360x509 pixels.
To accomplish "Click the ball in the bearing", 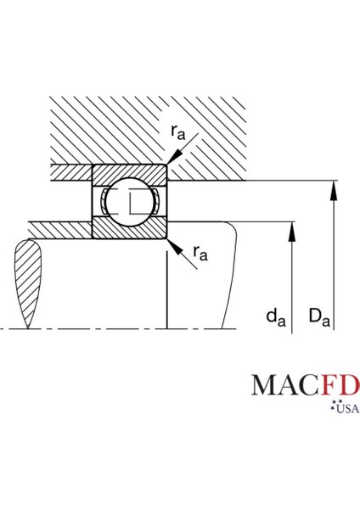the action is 130,201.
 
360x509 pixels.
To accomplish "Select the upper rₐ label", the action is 178,132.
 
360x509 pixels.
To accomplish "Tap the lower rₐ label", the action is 200,253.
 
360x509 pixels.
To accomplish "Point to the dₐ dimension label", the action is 276,317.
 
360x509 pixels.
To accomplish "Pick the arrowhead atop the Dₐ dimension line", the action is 334,193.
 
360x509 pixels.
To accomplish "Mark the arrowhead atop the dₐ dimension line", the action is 292,232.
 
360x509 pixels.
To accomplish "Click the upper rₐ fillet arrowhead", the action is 174,157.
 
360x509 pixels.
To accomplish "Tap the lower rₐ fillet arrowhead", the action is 174,246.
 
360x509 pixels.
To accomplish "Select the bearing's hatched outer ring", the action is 130,173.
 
